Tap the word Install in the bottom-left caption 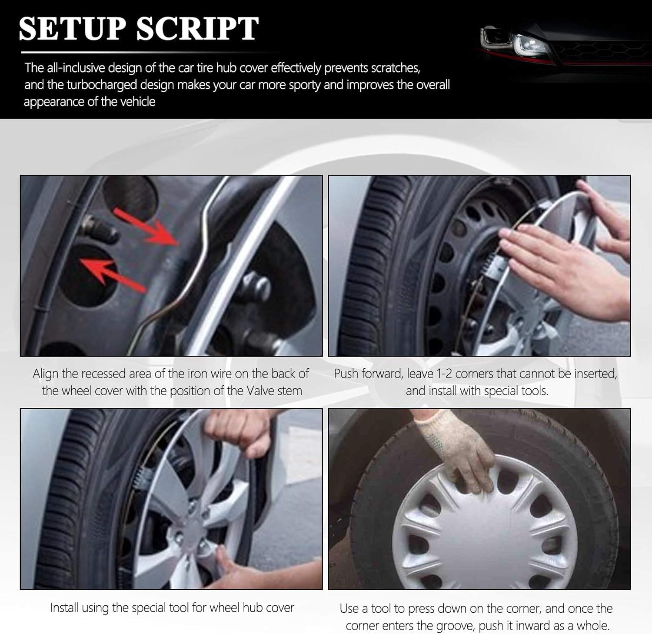[64, 607]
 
